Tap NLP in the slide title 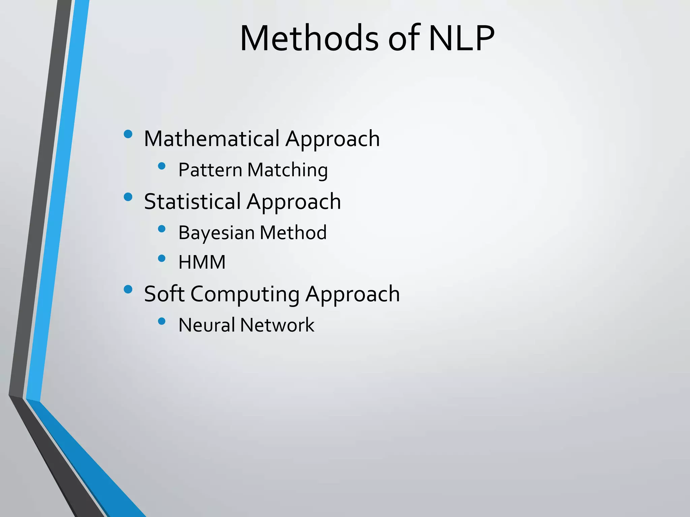point(461,38)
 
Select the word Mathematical point(212,139)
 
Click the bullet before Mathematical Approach point(128,134)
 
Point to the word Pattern point(210,170)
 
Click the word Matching point(287,170)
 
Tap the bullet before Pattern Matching point(162,166)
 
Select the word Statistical point(192,202)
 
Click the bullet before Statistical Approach point(128,197)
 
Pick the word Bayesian point(216,233)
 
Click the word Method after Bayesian point(293,233)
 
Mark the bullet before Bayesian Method point(162,229)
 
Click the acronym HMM point(202,262)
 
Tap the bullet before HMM point(162,258)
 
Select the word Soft point(164,294)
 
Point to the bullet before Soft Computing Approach point(128,289)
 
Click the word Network point(277,325)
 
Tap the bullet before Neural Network point(162,321)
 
